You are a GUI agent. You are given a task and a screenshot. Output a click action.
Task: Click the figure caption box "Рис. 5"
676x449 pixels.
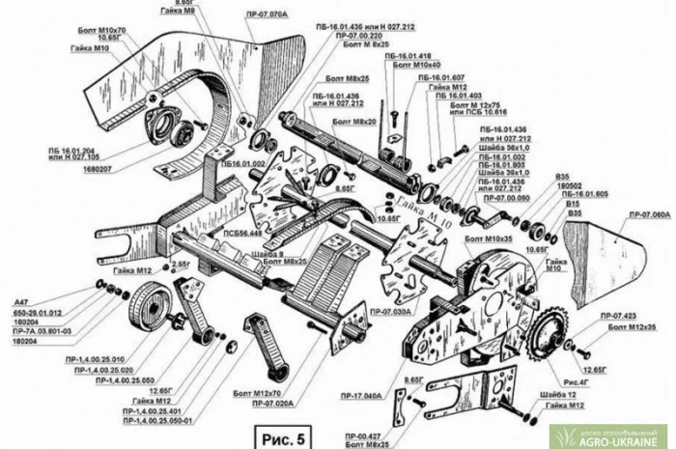(x=279, y=435)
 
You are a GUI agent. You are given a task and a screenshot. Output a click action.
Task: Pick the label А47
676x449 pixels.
(x=19, y=302)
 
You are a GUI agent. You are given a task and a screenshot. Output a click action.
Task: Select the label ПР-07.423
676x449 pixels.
(x=619, y=315)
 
